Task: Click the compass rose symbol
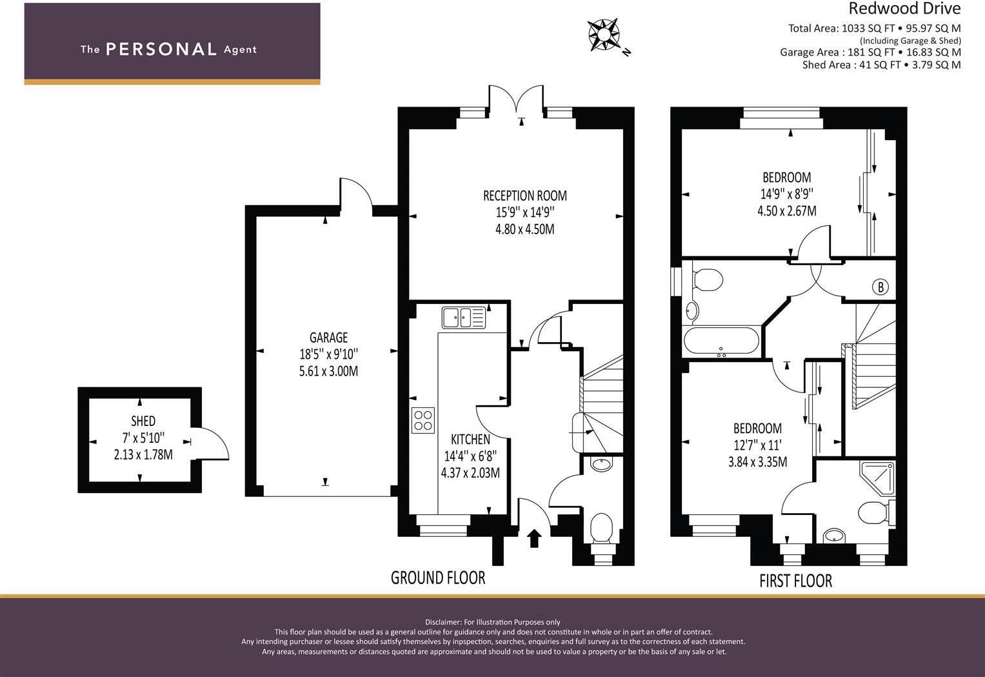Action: point(604,34)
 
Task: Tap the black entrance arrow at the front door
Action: point(534,538)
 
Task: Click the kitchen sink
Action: point(463,318)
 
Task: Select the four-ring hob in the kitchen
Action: point(423,420)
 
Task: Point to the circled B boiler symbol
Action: point(880,287)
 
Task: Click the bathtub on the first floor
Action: point(722,341)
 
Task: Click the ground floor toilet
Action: point(601,527)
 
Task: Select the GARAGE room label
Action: point(328,338)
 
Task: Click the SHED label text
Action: point(143,421)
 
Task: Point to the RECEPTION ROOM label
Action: point(525,196)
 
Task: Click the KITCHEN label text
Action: point(470,440)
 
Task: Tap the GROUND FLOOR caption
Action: point(438,578)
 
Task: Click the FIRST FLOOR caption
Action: point(795,581)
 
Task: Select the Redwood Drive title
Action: point(904,8)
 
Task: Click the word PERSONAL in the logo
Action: point(161,49)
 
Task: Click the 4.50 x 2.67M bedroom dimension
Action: point(786,211)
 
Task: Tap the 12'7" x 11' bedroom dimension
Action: point(757,445)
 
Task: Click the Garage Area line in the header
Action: point(870,52)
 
